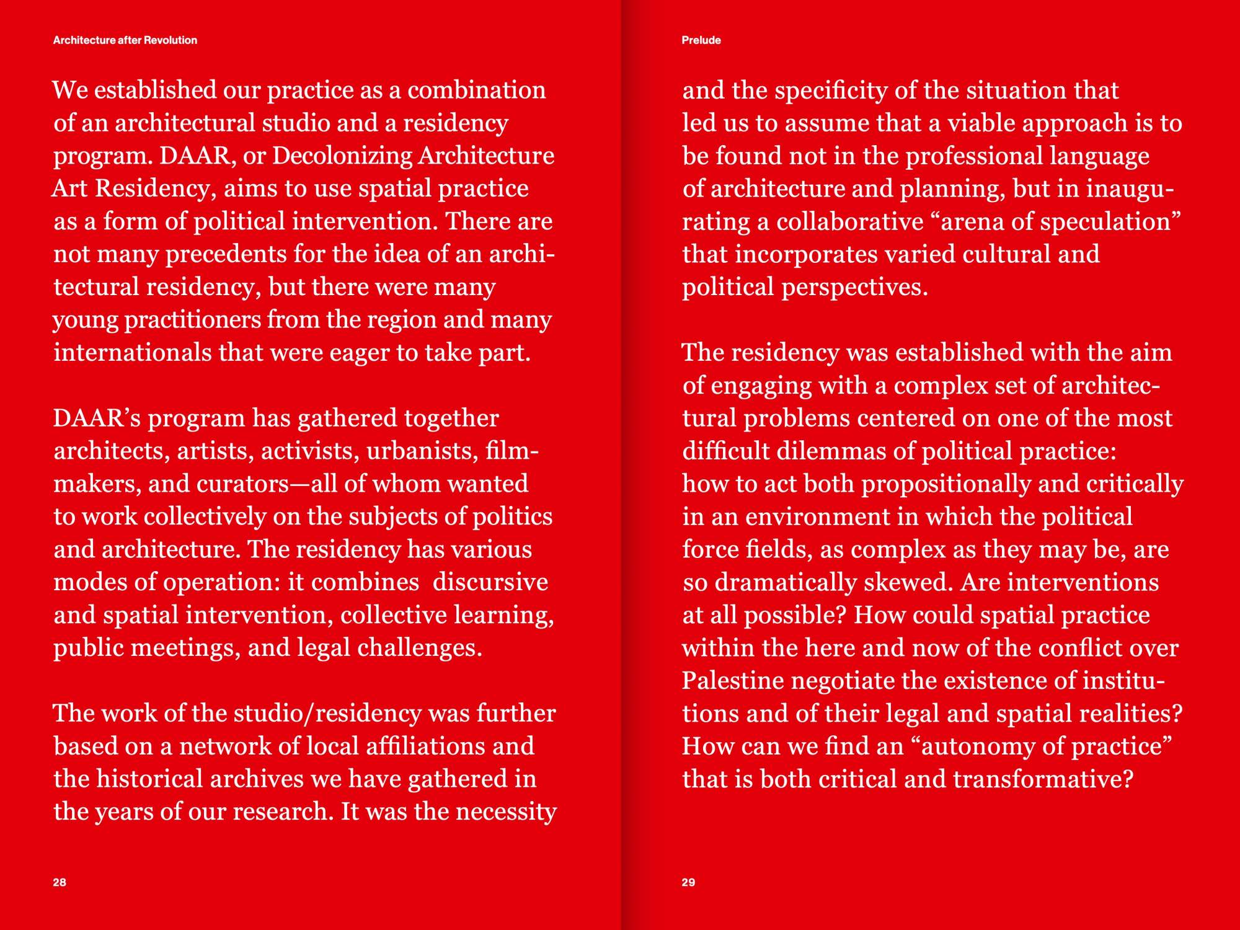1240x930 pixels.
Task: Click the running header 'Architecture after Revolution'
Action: pyautogui.click(x=125, y=40)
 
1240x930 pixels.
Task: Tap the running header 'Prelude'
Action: pyautogui.click(x=701, y=40)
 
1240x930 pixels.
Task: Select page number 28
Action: pyautogui.click(x=60, y=882)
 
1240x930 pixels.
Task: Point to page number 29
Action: pyautogui.click(x=688, y=882)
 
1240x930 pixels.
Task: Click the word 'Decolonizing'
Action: pyautogui.click(x=342, y=156)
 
